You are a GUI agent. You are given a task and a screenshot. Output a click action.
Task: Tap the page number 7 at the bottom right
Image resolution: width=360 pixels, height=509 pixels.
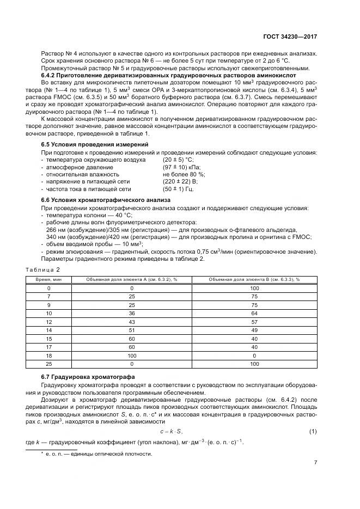point(315,463)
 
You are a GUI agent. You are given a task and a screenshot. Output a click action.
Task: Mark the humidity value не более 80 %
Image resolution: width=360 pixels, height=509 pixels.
point(184,174)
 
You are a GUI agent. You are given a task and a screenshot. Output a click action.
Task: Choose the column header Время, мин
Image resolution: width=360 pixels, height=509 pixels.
point(48,279)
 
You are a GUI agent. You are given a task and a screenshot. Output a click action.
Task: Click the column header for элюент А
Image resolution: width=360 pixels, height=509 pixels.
point(132,279)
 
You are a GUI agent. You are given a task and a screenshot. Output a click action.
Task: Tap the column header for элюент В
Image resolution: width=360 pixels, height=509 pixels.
point(254,279)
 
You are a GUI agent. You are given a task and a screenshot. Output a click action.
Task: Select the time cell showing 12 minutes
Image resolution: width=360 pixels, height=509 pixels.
point(48,322)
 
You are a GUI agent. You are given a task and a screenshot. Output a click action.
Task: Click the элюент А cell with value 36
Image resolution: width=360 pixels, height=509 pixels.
point(132,314)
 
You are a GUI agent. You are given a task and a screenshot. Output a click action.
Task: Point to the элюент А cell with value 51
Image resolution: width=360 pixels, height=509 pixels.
point(132,330)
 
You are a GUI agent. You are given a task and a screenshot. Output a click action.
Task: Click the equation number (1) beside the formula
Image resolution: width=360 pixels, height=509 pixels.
point(313,432)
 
